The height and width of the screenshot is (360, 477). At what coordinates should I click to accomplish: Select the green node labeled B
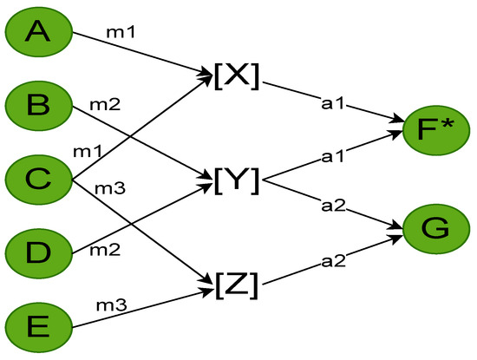(x=37, y=106)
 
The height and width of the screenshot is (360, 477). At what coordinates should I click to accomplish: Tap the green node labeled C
(x=37, y=180)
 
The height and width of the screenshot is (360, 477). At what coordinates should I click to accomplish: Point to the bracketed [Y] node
(x=235, y=180)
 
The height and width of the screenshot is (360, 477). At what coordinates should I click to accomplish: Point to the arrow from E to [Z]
(x=139, y=311)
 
